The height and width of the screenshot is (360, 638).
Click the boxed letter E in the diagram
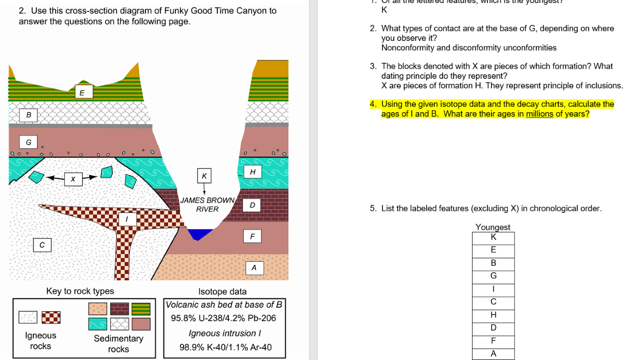82,92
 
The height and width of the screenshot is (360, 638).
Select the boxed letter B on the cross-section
28,115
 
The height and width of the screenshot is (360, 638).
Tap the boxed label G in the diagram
28,143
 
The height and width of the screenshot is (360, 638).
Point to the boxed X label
73,179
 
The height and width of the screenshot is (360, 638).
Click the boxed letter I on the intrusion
127,219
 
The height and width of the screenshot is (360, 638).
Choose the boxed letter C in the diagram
42,245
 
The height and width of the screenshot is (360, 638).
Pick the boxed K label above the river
204,176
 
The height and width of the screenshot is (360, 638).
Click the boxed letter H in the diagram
253,172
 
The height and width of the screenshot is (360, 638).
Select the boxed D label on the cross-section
252,205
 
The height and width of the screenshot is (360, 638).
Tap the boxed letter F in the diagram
252,236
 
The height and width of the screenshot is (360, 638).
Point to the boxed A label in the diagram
254,268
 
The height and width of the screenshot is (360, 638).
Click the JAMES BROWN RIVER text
207,204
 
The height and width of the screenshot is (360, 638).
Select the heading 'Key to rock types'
80,291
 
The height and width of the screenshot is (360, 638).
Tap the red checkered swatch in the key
51,317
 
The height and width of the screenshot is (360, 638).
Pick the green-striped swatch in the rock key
141,309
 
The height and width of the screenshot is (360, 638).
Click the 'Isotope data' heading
222,292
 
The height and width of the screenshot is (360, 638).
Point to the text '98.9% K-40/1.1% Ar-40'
225,348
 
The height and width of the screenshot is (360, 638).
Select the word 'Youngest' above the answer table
492,227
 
